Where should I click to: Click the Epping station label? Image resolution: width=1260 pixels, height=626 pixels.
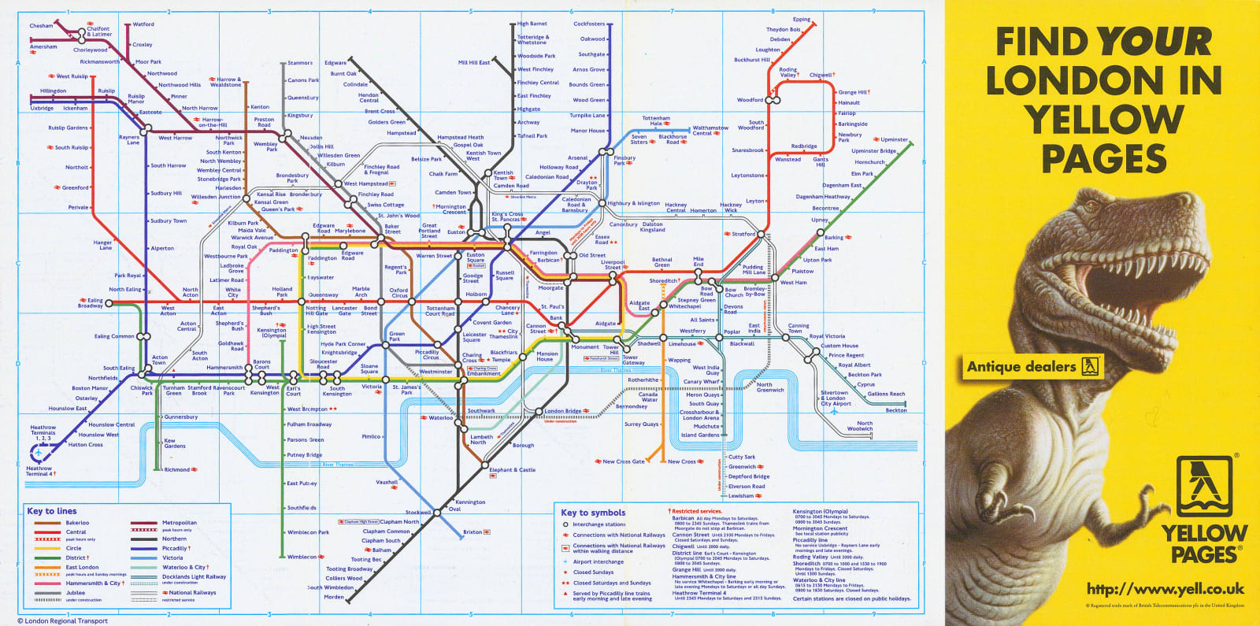pyautogui.click(x=802, y=20)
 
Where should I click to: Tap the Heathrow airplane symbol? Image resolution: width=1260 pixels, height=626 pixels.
pyautogui.click(x=40, y=453)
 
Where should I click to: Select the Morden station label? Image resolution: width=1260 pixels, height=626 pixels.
pyautogui.click(x=334, y=597)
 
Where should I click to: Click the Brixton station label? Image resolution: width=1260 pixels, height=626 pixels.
pyautogui.click(x=472, y=532)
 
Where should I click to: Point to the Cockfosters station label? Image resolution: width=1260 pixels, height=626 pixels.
pyautogui.click(x=589, y=24)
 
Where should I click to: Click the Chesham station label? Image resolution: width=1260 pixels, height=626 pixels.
pyautogui.click(x=41, y=26)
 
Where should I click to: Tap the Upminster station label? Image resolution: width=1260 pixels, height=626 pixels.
pyautogui.click(x=894, y=140)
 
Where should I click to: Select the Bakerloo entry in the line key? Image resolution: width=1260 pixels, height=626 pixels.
pyautogui.click(x=77, y=523)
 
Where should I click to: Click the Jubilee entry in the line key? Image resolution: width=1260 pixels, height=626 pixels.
pyautogui.click(x=75, y=592)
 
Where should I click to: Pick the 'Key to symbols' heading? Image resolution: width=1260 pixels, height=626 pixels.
pyautogui.click(x=592, y=513)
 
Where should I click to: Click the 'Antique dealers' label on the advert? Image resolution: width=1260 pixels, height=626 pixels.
pyautogui.click(x=1021, y=367)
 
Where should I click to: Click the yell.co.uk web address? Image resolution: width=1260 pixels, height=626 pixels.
pyautogui.click(x=1165, y=589)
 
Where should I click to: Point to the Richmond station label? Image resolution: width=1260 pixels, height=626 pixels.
pyautogui.click(x=177, y=470)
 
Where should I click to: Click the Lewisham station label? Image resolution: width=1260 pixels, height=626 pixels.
pyautogui.click(x=740, y=496)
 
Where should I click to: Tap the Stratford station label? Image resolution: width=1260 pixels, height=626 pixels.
pyautogui.click(x=743, y=234)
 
